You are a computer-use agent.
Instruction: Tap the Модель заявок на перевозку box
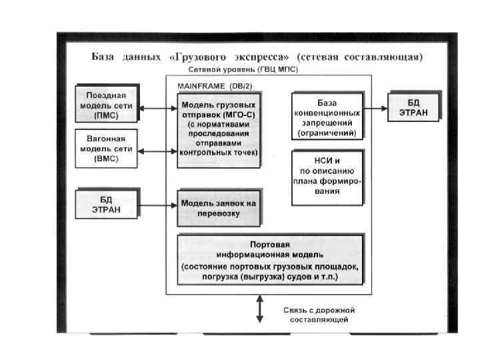click(x=219, y=207)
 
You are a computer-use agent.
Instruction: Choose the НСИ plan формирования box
click(x=327, y=176)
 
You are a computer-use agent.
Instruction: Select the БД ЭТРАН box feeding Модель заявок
click(x=107, y=205)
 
